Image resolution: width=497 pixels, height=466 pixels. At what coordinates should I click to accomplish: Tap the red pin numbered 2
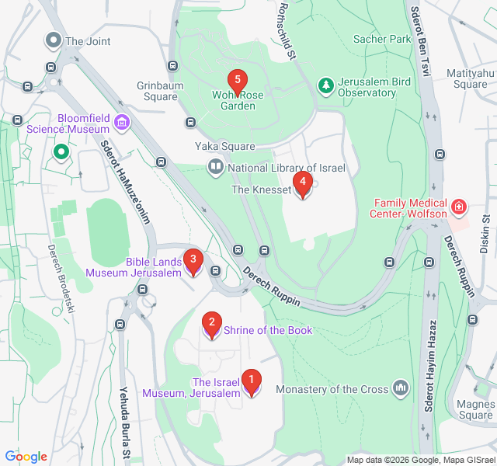(210, 322)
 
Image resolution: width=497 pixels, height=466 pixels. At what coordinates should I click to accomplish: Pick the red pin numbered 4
(302, 184)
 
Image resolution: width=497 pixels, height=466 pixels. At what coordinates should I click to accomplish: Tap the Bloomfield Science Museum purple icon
(121, 121)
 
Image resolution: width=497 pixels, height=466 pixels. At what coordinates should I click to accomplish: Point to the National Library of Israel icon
(214, 167)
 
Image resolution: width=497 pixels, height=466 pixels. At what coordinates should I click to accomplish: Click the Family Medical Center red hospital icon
(459, 207)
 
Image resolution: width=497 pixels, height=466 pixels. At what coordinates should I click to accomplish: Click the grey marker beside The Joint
(54, 40)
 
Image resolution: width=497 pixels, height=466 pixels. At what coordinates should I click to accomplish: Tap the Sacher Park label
(381, 38)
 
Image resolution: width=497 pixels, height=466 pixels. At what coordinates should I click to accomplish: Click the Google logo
(26, 457)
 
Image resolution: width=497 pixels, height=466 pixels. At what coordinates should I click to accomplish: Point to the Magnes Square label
(476, 409)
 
